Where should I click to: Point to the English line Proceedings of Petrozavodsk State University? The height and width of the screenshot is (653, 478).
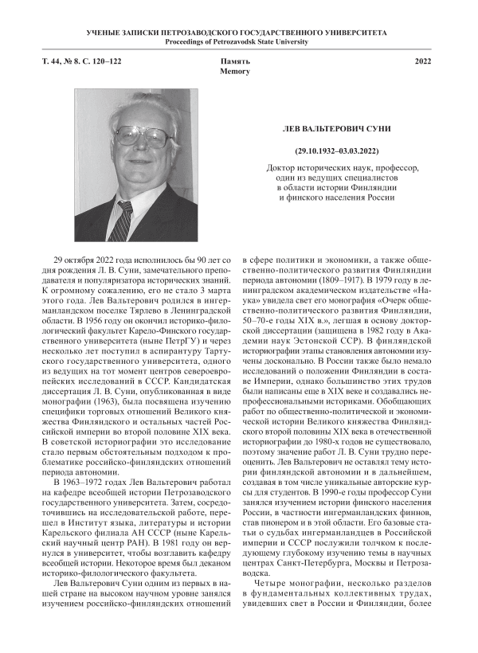[x=238, y=41]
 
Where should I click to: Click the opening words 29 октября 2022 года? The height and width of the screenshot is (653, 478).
[x=94, y=260]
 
